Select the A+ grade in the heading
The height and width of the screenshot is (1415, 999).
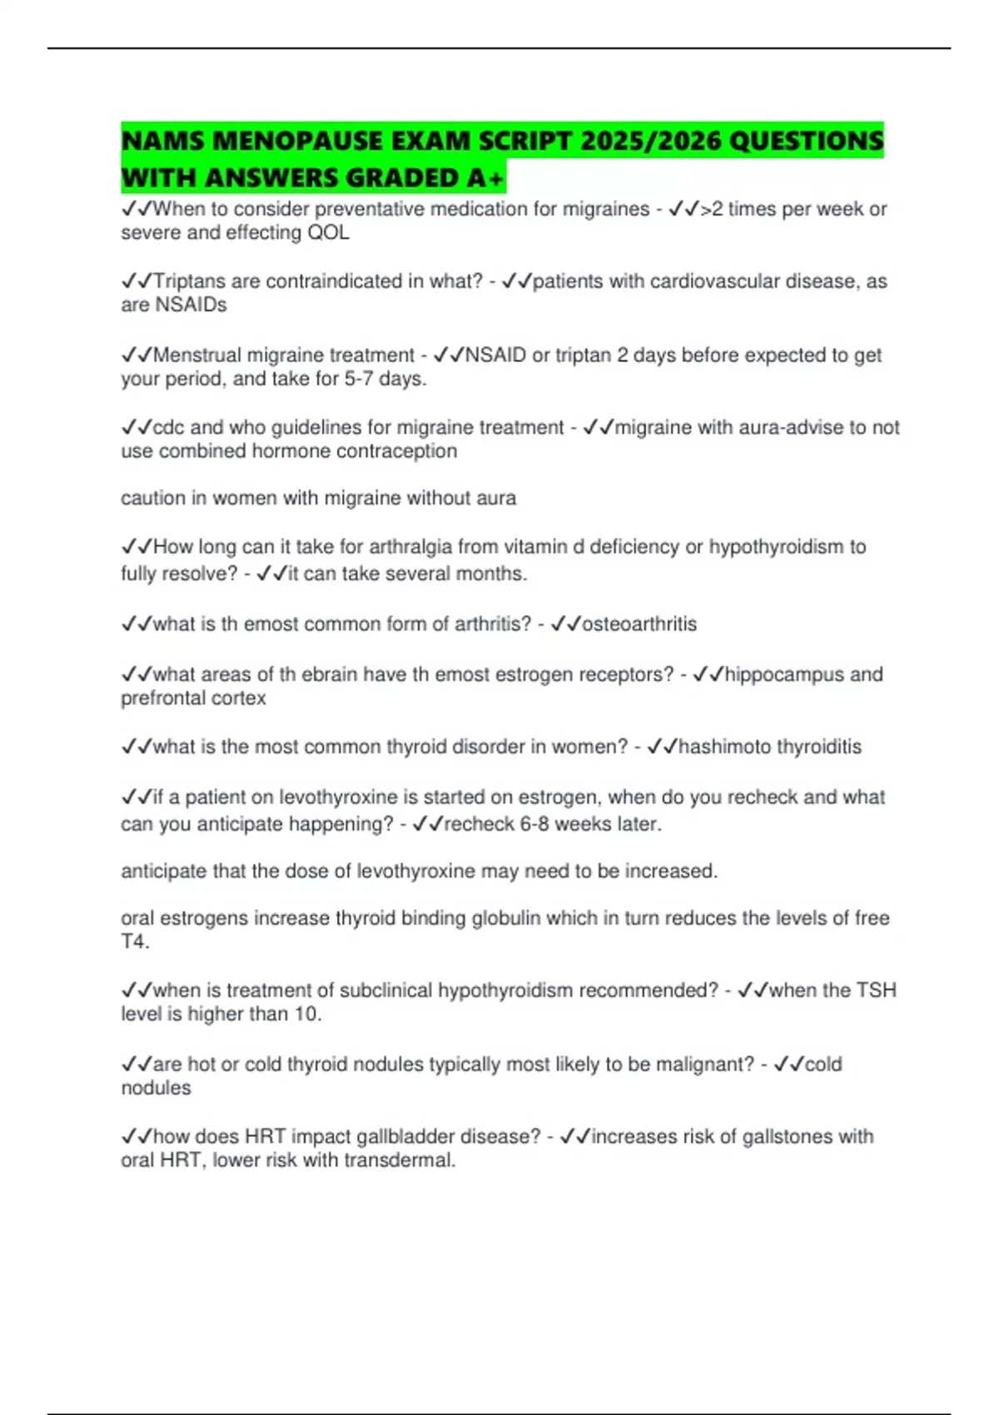click(x=485, y=177)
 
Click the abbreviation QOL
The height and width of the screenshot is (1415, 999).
click(x=329, y=233)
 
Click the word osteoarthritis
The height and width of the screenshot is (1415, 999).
click(x=639, y=624)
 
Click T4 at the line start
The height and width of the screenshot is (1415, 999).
click(x=133, y=942)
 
